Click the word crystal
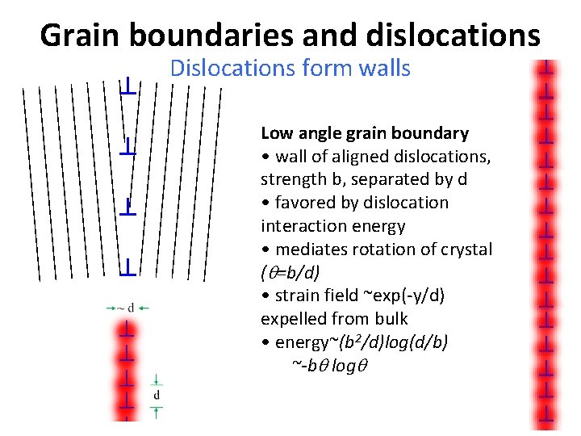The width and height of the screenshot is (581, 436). tap(464, 249)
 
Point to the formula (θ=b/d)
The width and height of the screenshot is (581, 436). tap(293, 273)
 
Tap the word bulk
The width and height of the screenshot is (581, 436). tap(391, 319)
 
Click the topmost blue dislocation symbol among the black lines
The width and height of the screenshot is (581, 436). tap(127, 86)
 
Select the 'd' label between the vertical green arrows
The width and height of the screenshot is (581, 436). tap(157, 396)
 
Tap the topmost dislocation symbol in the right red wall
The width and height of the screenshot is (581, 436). tap(547, 66)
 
